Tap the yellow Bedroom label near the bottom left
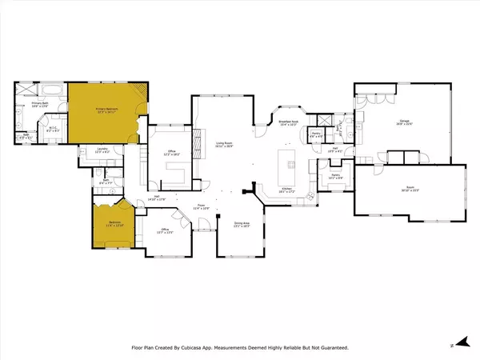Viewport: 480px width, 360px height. [x=106, y=223]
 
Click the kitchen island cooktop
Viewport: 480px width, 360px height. [x=290, y=165]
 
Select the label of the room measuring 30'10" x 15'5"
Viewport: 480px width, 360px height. [x=408, y=189]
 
